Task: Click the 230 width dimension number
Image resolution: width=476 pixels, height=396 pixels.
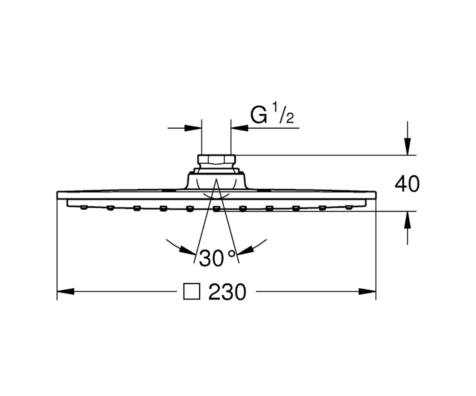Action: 227,292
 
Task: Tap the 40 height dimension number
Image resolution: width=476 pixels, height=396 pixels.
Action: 407,184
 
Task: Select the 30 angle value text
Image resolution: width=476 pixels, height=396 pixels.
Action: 211,258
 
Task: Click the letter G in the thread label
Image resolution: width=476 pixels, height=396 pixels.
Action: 258,115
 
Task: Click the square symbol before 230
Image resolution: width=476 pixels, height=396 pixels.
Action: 192,291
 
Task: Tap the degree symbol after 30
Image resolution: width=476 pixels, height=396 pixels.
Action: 231,253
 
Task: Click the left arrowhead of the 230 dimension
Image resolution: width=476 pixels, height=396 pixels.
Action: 66,291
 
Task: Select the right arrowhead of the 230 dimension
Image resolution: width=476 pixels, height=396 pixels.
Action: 367,291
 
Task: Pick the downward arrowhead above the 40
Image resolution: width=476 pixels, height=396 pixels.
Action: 408,147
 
